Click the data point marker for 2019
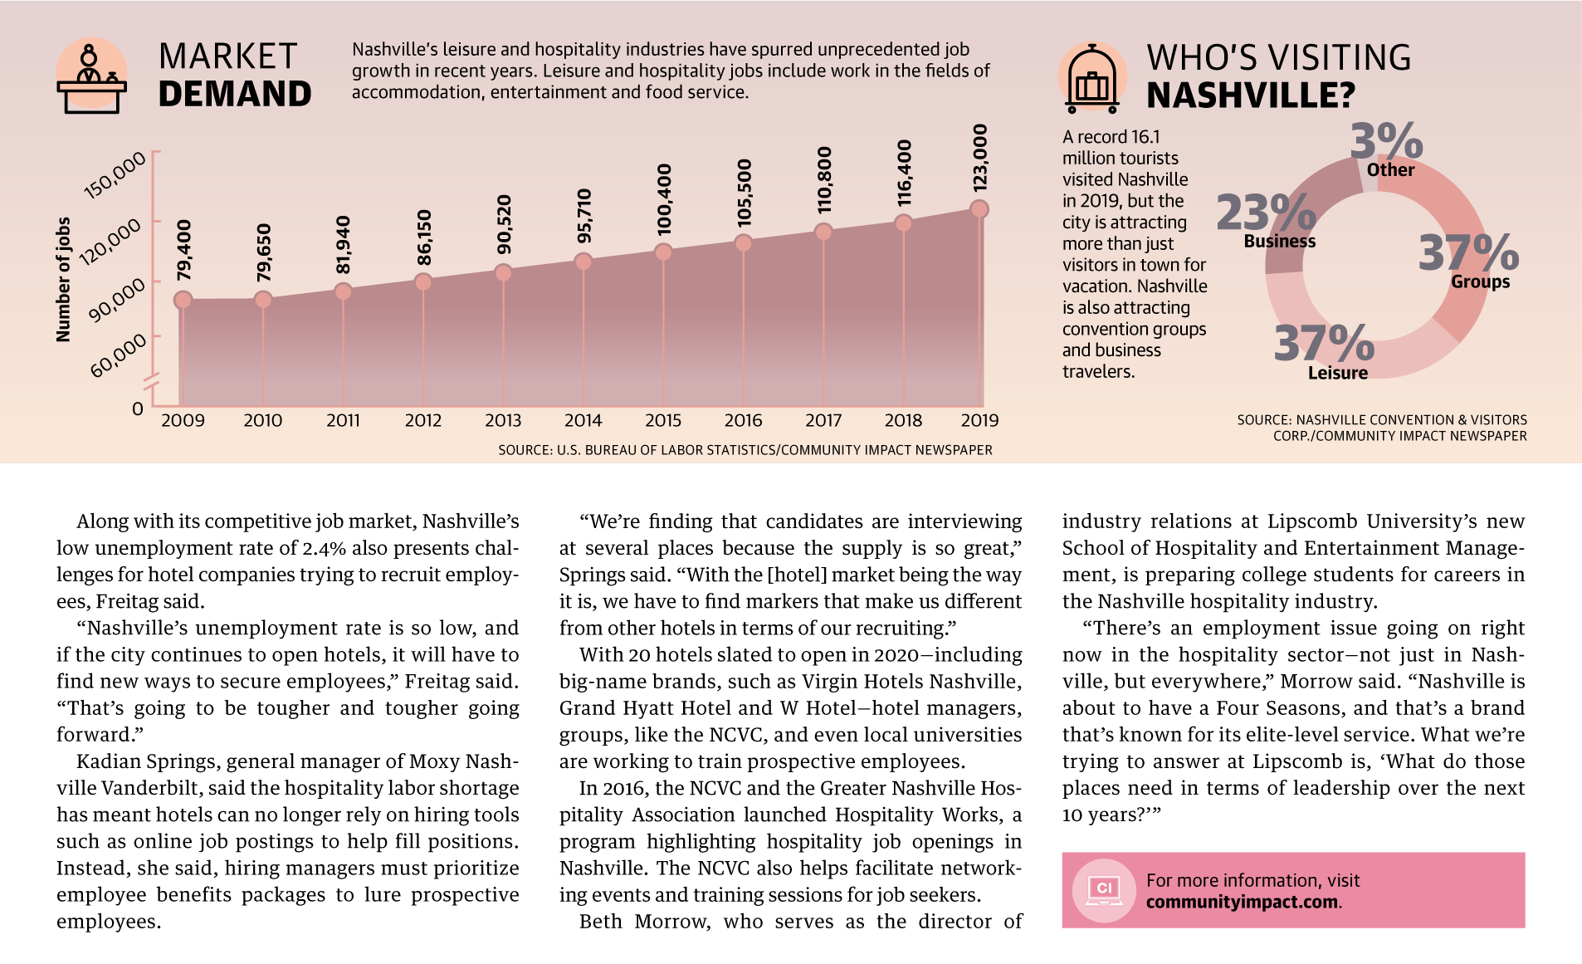tap(979, 209)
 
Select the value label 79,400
tap(184, 250)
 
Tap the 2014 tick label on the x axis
tap(583, 421)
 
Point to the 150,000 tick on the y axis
tap(115, 175)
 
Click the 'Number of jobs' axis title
tap(63, 280)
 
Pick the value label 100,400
tap(664, 199)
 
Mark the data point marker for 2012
tap(423, 282)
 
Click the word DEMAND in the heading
tap(235, 94)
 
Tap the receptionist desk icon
tap(91, 76)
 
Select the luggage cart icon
tap(1092, 78)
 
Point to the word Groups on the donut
tap(1481, 282)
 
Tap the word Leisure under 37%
tap(1338, 374)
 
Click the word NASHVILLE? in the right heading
tap(1251, 95)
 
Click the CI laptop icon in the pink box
tap(1104, 890)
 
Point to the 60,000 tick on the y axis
tap(119, 355)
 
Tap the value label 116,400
tap(904, 174)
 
